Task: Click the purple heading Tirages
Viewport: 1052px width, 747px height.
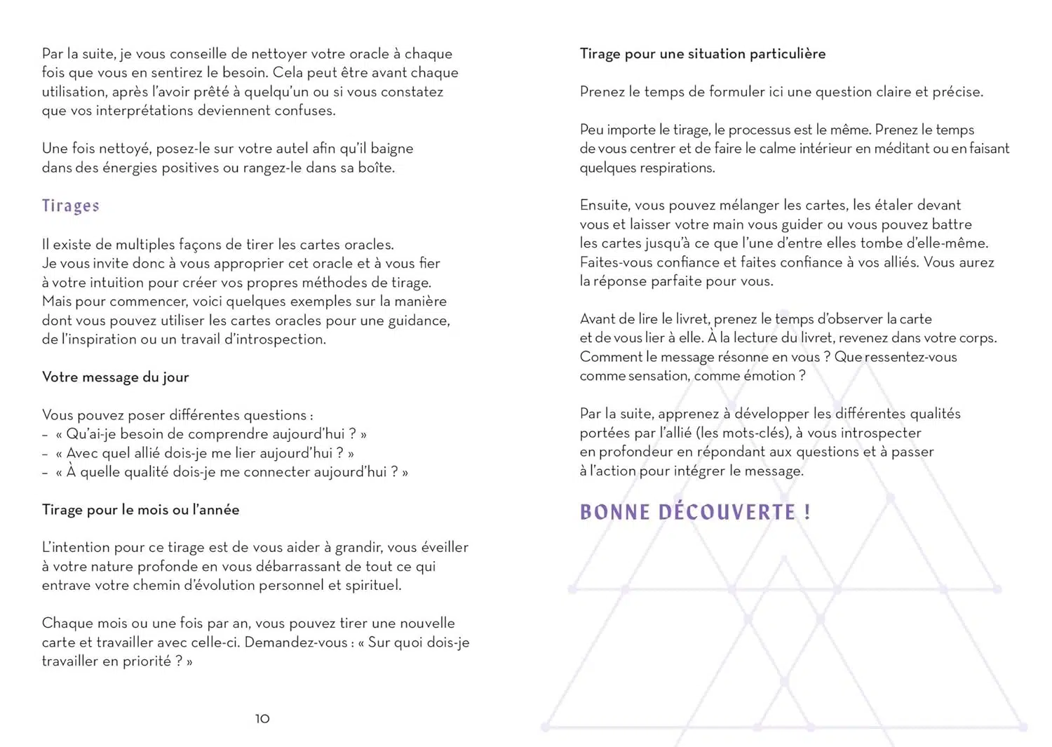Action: click(70, 206)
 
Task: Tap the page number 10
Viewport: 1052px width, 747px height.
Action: click(262, 718)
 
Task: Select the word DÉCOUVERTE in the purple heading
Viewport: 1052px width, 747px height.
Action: click(727, 512)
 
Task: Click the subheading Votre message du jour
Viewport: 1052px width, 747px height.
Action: click(115, 377)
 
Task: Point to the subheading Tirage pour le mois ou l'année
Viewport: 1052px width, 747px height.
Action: click(140, 509)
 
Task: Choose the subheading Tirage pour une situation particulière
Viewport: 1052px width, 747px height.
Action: click(702, 53)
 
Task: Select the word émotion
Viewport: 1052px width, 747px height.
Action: click(769, 375)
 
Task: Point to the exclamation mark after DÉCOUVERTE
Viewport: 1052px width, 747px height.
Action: click(807, 512)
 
